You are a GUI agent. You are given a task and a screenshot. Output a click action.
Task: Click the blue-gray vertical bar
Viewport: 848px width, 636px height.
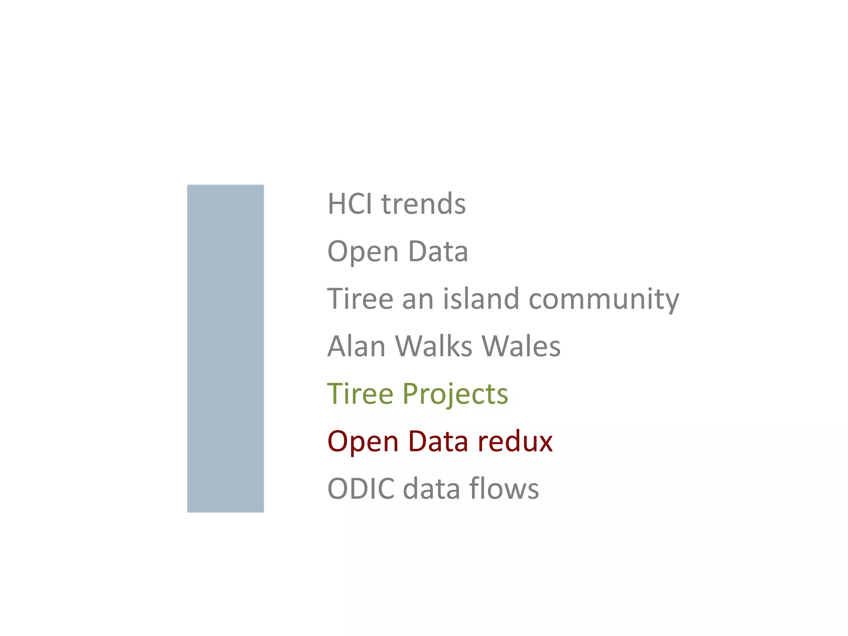[x=225, y=348]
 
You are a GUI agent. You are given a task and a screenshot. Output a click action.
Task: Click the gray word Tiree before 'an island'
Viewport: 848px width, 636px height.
[x=360, y=299]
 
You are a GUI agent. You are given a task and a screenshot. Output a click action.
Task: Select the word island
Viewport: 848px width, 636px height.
[x=481, y=299]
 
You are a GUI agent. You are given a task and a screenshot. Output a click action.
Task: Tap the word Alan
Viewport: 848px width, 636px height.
[x=357, y=346]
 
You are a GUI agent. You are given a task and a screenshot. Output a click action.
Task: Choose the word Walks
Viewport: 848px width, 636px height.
[x=433, y=346]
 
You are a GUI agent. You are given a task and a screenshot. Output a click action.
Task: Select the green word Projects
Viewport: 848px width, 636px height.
[x=455, y=394]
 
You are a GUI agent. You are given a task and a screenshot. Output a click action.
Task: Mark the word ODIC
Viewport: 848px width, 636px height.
[x=361, y=489]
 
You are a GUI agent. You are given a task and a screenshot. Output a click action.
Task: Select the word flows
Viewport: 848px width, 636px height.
[x=504, y=489]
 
